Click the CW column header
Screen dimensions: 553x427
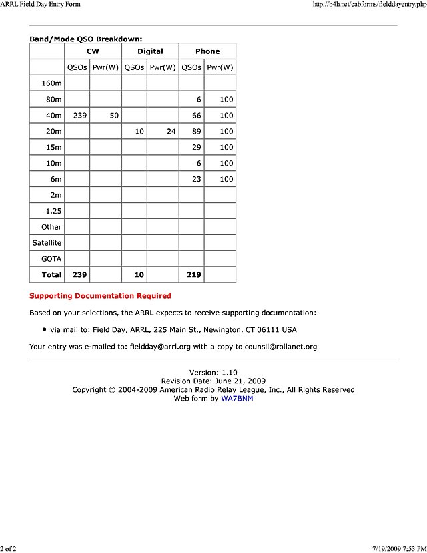[93, 51]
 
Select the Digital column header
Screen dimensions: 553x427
[150, 51]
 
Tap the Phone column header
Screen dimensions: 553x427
[207, 51]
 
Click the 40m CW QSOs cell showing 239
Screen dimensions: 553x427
[80, 116]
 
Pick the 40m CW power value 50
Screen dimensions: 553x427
[114, 116]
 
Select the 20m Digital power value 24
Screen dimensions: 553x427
[171, 132]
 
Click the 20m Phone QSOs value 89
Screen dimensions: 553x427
[195, 132]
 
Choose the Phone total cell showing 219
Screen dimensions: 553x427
[193, 275]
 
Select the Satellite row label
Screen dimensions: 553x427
[47, 243]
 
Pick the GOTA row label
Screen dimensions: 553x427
[51, 259]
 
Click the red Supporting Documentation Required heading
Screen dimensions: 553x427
[100, 296]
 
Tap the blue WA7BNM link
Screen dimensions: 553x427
[237, 399]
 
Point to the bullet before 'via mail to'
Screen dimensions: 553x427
[44, 329]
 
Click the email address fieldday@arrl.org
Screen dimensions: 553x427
[160, 347]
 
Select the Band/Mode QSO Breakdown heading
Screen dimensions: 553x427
[85, 39]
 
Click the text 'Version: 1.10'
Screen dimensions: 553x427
[213, 373]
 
